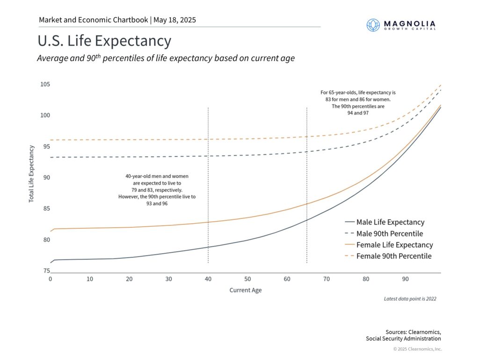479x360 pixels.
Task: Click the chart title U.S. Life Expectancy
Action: [x=104, y=41]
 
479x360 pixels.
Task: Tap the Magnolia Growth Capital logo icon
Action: [x=373, y=25]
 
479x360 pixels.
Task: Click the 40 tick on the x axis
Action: [x=208, y=279]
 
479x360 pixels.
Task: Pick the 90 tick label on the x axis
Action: [x=405, y=279]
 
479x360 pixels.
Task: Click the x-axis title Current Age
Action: [x=245, y=290]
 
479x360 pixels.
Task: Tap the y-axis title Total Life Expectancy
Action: [x=32, y=174]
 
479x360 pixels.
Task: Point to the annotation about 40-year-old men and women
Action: [x=157, y=190]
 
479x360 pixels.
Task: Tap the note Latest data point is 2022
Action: [x=410, y=299]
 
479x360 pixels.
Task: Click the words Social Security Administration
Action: [x=403, y=338]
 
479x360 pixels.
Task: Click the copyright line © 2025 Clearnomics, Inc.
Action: [x=417, y=349]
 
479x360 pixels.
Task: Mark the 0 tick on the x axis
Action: [x=51, y=279]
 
